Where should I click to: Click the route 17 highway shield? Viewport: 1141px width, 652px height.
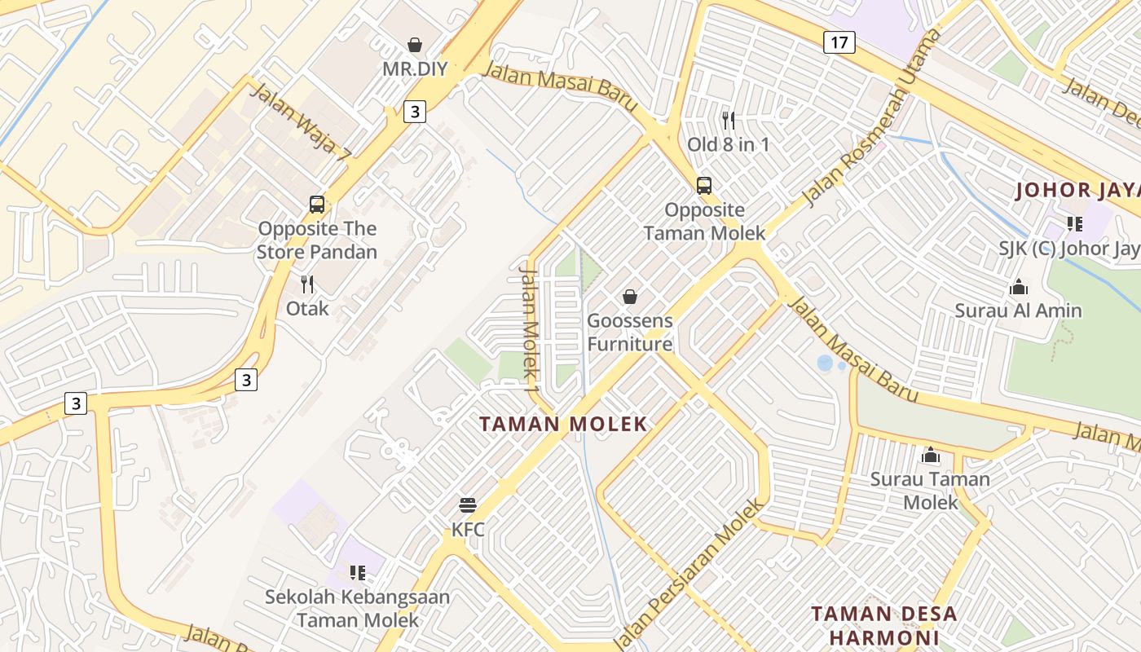(x=839, y=42)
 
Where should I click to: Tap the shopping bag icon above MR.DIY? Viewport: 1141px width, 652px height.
(x=415, y=45)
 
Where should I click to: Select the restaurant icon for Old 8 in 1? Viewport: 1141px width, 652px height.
(x=729, y=121)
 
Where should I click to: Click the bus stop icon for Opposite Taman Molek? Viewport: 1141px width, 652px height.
(x=704, y=185)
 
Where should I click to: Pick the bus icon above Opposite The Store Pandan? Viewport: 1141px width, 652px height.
(x=317, y=205)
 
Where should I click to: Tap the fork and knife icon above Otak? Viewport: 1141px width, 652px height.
(x=307, y=284)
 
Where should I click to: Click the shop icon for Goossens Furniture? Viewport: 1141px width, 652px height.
(x=630, y=297)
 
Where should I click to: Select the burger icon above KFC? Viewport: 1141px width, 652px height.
(x=468, y=505)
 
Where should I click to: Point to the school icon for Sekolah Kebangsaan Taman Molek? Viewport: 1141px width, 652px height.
(x=357, y=573)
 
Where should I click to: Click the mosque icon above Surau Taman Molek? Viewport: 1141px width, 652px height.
(x=930, y=455)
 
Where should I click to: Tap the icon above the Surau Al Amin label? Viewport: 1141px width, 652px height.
(x=1018, y=287)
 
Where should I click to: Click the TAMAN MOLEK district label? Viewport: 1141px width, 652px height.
(x=563, y=424)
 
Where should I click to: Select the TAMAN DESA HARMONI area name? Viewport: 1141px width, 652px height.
(x=884, y=625)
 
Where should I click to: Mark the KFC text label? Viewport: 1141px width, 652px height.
(x=468, y=530)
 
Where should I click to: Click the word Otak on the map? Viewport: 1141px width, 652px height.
(x=307, y=308)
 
